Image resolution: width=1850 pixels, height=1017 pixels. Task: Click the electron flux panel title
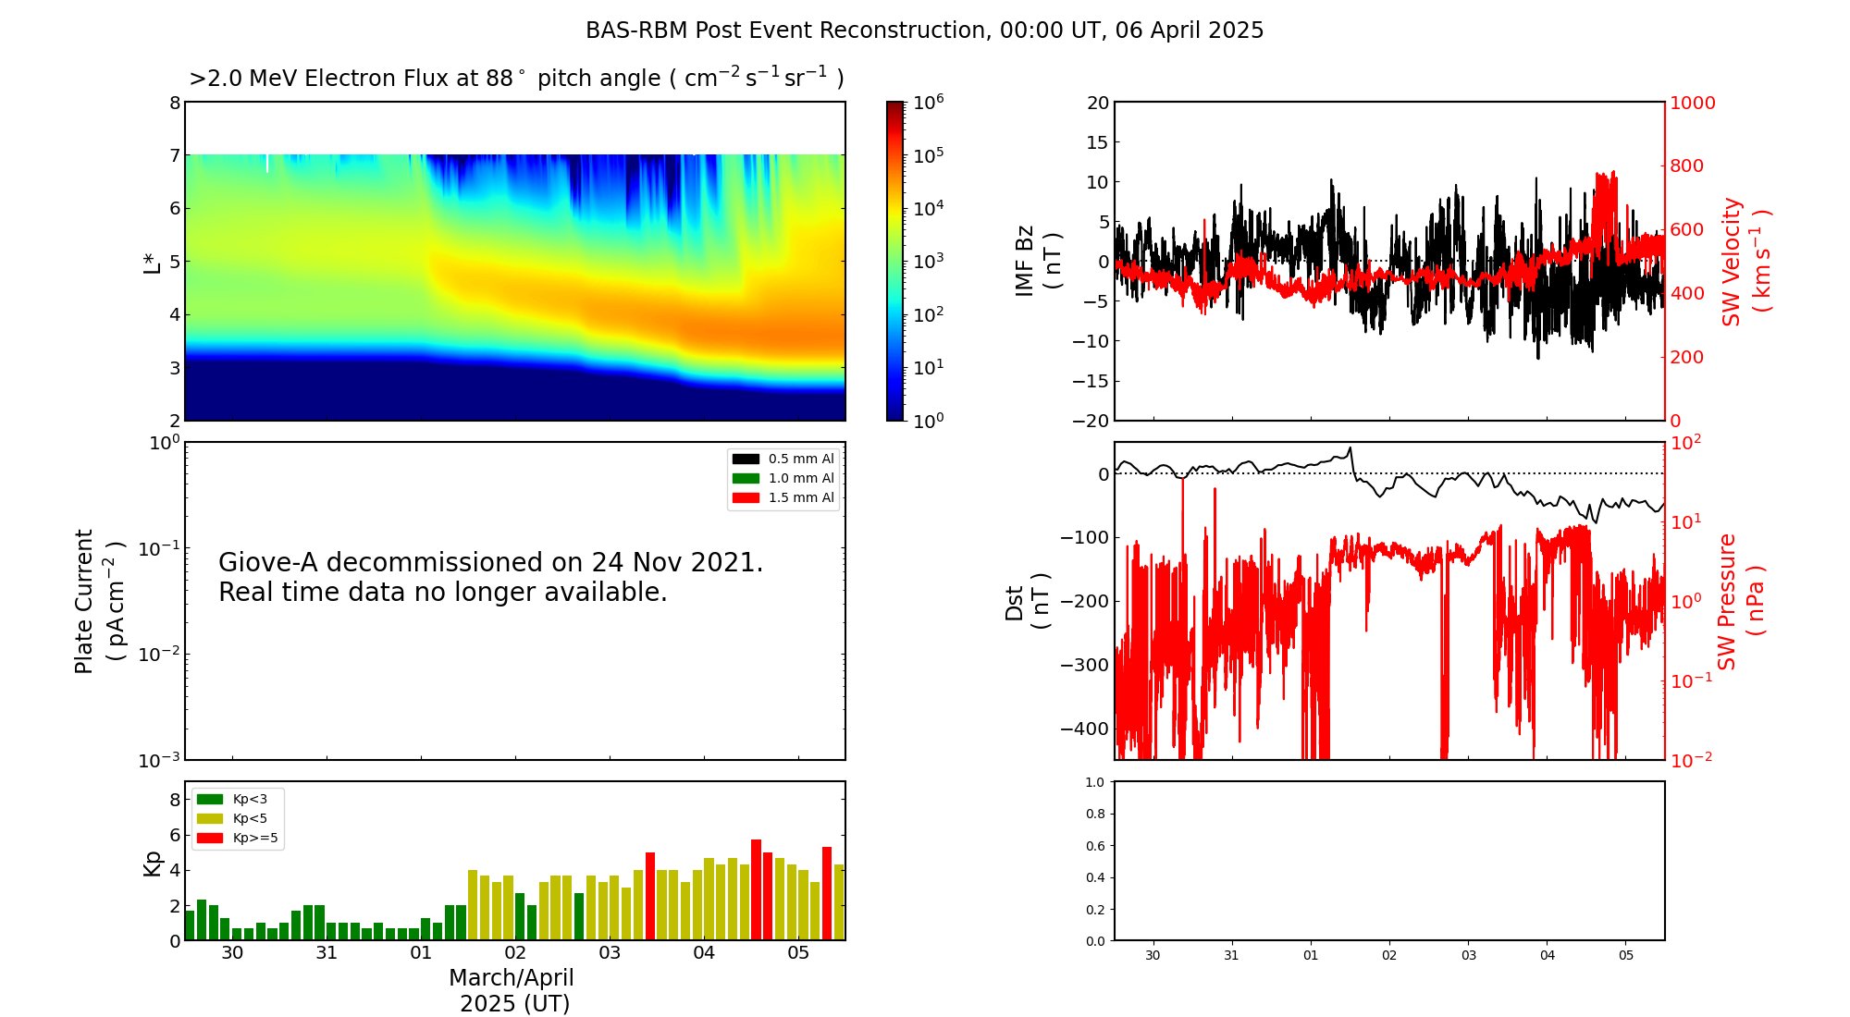(x=516, y=79)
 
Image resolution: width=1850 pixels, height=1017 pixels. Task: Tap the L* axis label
(x=153, y=262)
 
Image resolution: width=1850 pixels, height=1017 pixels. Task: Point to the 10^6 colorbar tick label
(x=928, y=102)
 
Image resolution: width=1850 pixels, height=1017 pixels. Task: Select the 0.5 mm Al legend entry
(x=783, y=459)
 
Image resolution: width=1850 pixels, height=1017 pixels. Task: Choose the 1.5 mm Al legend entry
(x=783, y=497)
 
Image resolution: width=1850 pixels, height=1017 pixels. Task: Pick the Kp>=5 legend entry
(x=238, y=839)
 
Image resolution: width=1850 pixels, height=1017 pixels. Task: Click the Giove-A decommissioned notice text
(x=491, y=577)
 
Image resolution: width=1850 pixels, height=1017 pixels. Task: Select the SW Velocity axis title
(x=1745, y=262)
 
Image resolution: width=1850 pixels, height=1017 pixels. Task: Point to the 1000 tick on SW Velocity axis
(x=1692, y=103)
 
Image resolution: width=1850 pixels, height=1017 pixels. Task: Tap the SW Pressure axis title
(x=1741, y=601)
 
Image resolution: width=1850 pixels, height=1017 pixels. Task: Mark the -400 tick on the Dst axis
(x=1084, y=729)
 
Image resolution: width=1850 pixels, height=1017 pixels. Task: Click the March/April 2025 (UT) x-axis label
(x=512, y=990)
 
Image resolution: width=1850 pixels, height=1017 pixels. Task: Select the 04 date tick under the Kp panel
(x=704, y=953)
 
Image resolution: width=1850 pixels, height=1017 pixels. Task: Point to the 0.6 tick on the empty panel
(x=1094, y=846)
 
